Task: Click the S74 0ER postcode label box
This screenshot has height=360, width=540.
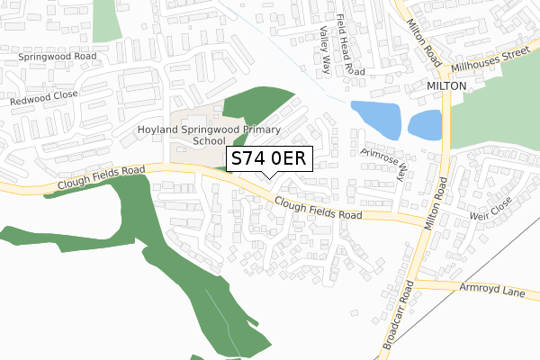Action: pos(270,158)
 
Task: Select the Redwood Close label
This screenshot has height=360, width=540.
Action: pos(44,97)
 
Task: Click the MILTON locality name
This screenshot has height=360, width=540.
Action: pos(446,85)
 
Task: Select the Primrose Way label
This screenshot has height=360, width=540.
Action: pos(383,160)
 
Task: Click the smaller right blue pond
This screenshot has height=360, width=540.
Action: pos(425,124)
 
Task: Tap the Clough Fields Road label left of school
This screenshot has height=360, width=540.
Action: pos(100,175)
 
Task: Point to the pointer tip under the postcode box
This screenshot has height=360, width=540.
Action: pos(270,176)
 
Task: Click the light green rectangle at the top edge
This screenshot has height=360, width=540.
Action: pos(106,19)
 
